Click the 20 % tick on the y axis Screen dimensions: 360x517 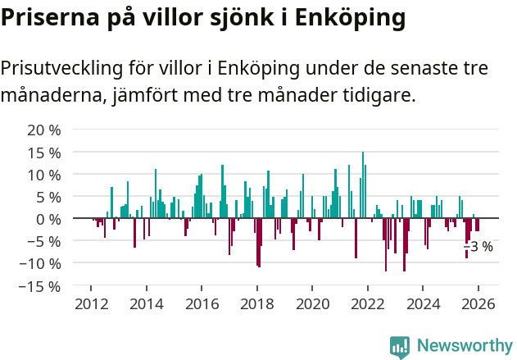point(44,130)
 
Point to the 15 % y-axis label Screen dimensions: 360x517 point(44,153)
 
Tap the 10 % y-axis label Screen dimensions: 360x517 point(44,175)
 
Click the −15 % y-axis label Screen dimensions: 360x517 point(41,287)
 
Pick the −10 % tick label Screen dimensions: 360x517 point(41,264)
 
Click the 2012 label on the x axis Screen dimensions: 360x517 point(90,304)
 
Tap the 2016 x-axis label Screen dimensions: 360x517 point(201,304)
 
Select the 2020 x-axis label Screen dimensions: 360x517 point(312,304)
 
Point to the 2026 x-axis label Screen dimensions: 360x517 point(478,304)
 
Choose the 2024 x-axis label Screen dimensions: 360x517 point(423,304)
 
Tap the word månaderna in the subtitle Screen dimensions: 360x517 point(50,96)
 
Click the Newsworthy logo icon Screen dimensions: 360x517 point(400,346)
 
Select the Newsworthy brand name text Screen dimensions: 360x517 point(464,346)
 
